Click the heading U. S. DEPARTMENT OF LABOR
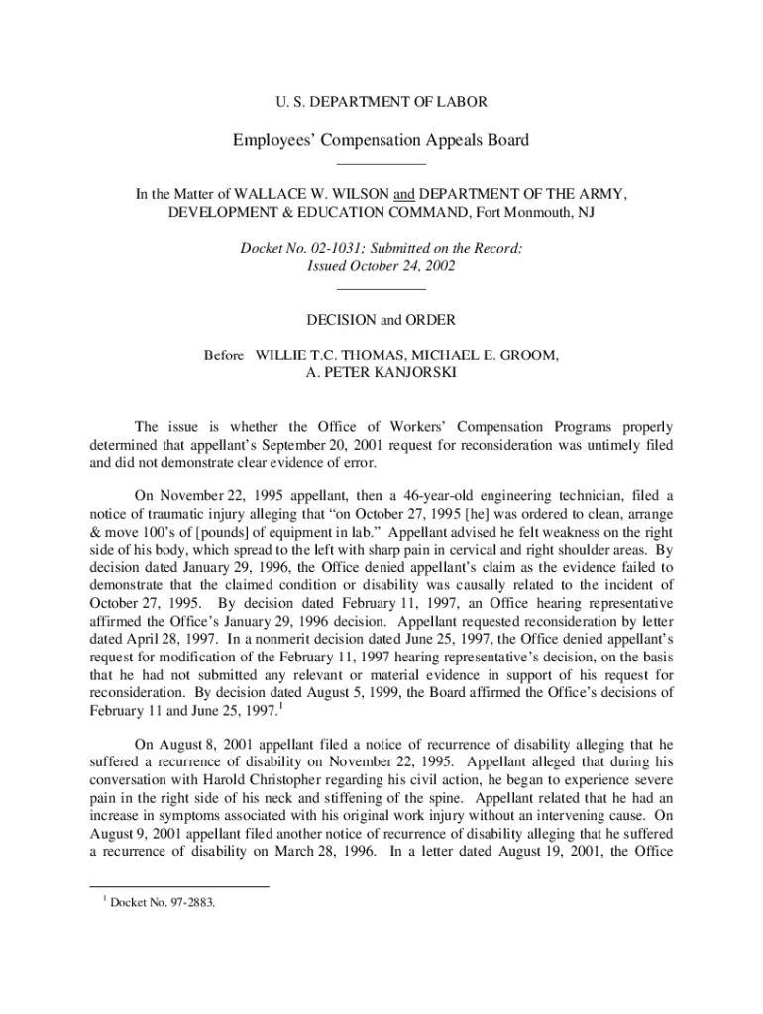point(381,102)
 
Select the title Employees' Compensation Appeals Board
point(381,140)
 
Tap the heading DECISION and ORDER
point(381,319)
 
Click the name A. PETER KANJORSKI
point(381,372)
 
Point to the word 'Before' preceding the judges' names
point(224,355)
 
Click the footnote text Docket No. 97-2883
point(163,901)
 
